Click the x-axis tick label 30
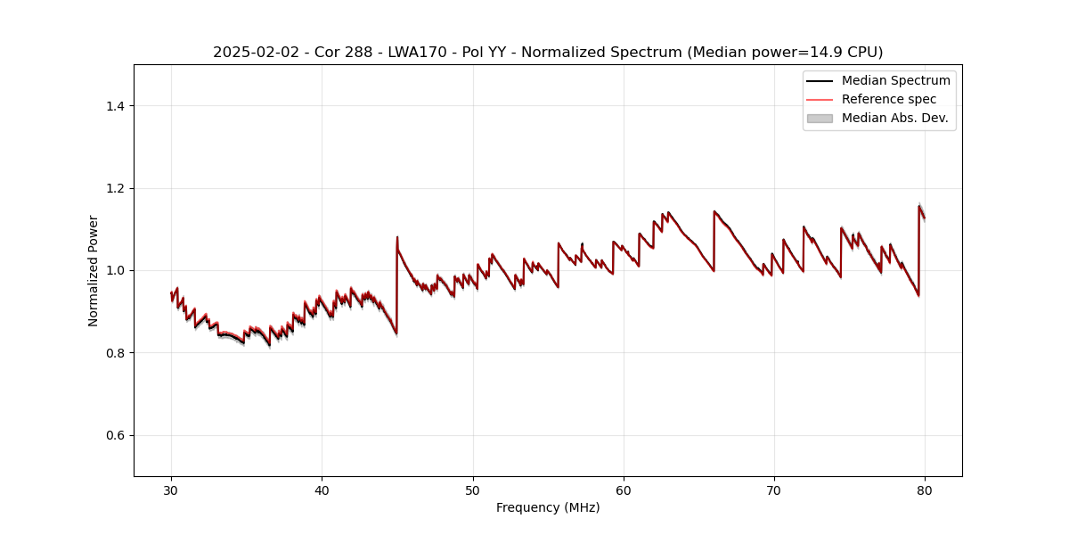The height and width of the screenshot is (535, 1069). pyautogui.click(x=171, y=490)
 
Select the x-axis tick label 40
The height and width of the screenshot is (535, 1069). pyautogui.click(x=322, y=490)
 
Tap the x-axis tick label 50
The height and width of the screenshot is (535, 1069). pyautogui.click(x=473, y=490)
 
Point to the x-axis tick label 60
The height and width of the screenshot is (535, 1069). pyautogui.click(x=624, y=490)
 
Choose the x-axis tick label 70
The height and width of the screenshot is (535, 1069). pyautogui.click(x=774, y=490)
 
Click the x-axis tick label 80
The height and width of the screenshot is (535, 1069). pyautogui.click(x=925, y=490)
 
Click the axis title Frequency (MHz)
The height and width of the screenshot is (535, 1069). pyautogui.click(x=548, y=507)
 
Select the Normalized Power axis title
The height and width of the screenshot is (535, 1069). pyautogui.click(x=94, y=270)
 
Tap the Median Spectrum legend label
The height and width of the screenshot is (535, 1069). pyautogui.click(x=895, y=80)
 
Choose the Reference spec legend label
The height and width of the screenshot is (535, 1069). pyautogui.click(x=889, y=99)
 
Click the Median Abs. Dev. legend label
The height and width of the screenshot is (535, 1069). pyautogui.click(x=894, y=118)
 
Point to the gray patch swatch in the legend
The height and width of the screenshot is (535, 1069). pyautogui.click(x=820, y=118)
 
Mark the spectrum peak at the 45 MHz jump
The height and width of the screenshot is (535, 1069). pyautogui.click(x=397, y=237)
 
